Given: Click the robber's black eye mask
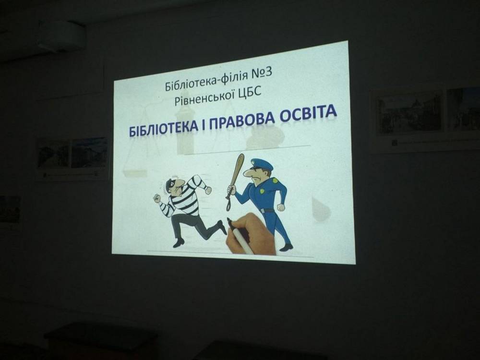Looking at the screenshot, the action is coord(170,185).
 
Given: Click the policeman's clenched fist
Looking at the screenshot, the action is coord(281,207).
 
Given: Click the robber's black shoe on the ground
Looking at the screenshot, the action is coord(179,243).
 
